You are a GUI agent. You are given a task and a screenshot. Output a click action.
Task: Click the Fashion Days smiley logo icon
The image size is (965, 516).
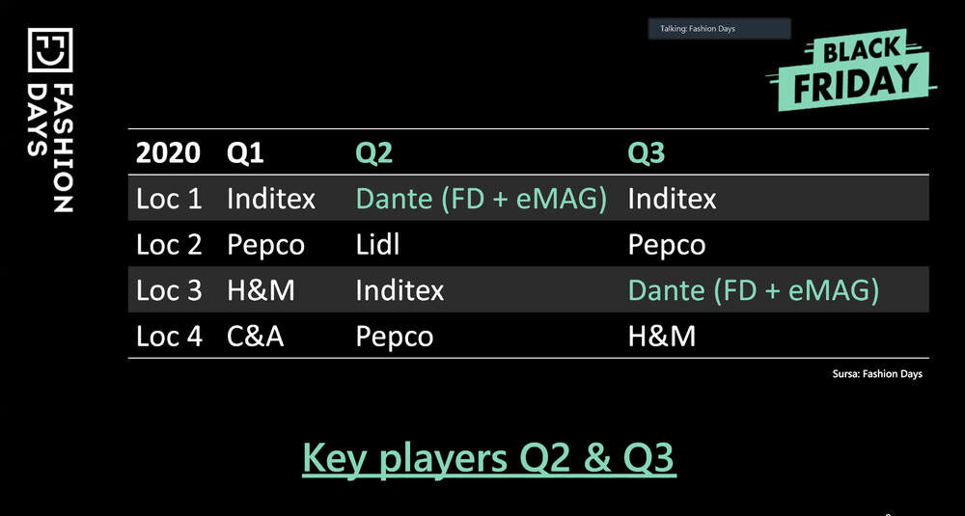(50, 50)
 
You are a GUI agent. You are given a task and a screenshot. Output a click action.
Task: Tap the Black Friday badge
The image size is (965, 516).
(851, 69)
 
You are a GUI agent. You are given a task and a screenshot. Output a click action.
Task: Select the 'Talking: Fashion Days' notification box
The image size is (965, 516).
(719, 29)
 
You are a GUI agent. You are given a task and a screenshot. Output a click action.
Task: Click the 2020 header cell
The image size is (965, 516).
(168, 153)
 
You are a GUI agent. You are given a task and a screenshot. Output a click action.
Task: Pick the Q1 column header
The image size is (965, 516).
(245, 153)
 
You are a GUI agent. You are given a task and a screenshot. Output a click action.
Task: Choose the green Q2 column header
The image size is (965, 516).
(374, 153)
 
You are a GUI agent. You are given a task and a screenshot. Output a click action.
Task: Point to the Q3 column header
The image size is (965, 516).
(647, 153)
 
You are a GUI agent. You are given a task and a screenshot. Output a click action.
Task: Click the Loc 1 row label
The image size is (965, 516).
(169, 199)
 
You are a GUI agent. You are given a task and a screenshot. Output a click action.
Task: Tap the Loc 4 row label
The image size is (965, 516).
(169, 337)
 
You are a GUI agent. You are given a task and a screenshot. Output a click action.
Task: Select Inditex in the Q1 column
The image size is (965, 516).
(271, 199)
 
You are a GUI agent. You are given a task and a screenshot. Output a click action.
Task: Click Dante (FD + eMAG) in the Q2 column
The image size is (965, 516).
(482, 200)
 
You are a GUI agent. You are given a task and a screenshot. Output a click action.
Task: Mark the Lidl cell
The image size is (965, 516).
(377, 245)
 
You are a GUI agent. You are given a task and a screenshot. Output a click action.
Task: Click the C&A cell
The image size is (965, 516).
(255, 337)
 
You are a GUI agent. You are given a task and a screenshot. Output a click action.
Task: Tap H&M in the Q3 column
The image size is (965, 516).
(662, 337)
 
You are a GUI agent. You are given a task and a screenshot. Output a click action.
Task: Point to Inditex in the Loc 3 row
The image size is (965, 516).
(400, 290)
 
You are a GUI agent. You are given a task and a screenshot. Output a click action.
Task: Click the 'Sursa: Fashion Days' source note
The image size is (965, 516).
(877, 373)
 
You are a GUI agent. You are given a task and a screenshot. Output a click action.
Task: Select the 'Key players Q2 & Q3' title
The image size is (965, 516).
(489, 458)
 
